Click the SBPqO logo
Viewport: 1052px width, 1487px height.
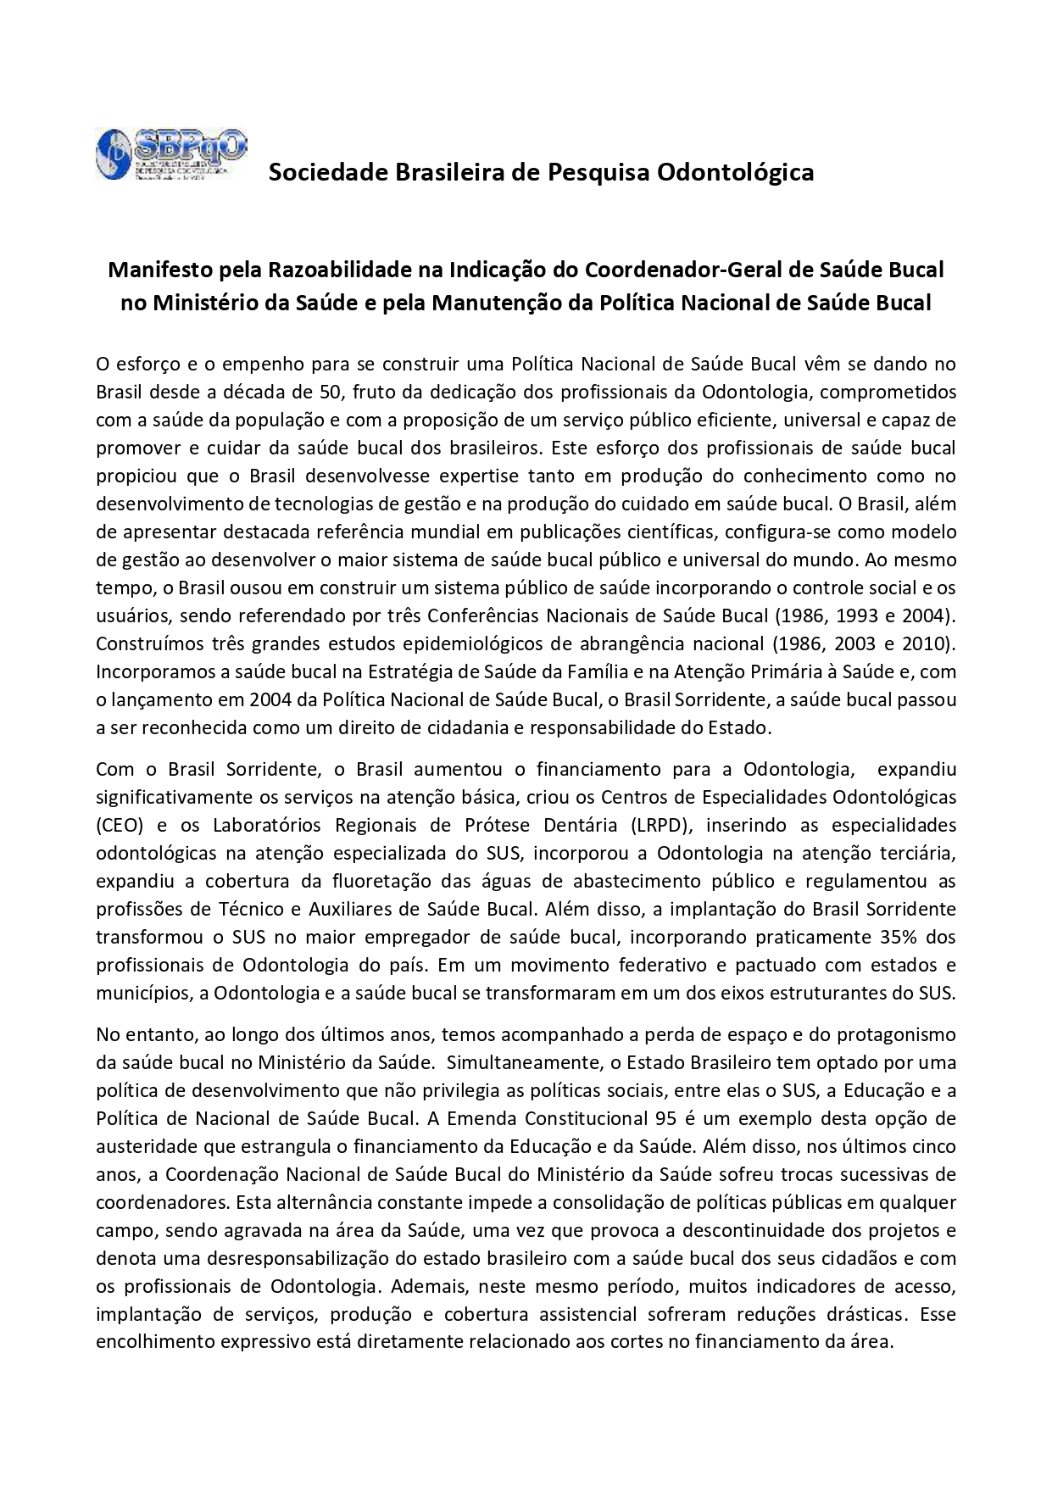(x=171, y=155)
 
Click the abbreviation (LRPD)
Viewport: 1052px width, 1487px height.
(x=660, y=826)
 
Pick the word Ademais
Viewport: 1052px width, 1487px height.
(x=430, y=1286)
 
